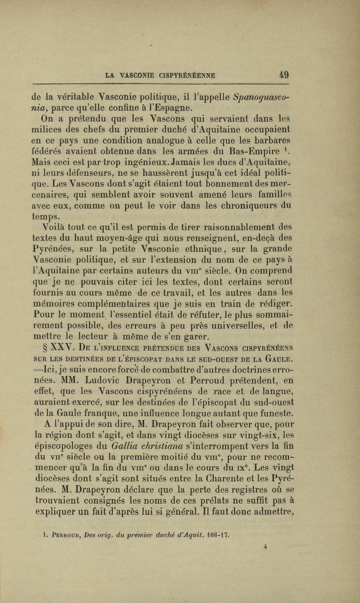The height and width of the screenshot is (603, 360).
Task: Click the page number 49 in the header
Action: (284, 75)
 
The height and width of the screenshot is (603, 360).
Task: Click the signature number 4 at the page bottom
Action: (266, 548)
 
